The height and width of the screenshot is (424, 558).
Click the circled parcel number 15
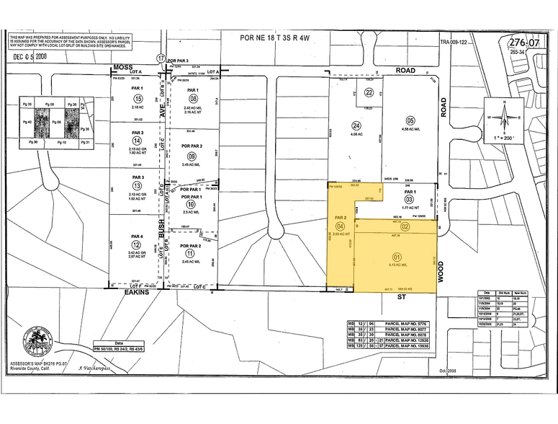pos(138,98)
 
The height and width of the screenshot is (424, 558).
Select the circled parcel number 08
pos(192,99)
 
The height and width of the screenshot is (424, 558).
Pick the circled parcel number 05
pos(410,120)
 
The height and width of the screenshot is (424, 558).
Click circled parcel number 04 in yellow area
pos(341,226)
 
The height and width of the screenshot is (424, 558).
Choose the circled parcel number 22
pos(368,92)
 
